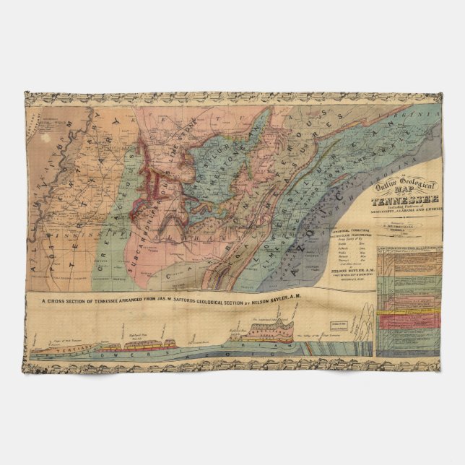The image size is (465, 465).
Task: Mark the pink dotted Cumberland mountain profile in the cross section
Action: [256, 331]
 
